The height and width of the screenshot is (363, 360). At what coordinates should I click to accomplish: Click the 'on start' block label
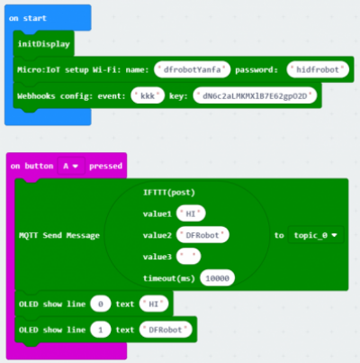click(x=28, y=18)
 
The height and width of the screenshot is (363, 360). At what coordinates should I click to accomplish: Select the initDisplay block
click(x=43, y=44)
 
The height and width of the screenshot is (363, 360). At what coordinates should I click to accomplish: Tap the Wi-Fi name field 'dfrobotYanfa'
click(x=192, y=69)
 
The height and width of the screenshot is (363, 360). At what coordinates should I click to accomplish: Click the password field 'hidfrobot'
click(x=318, y=69)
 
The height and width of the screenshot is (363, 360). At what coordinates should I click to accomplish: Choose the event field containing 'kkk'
click(x=148, y=95)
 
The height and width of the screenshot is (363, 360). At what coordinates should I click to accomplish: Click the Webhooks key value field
click(x=255, y=95)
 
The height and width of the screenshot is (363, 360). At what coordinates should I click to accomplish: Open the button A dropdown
click(x=71, y=166)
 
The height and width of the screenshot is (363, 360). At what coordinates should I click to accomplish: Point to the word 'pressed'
click(x=105, y=166)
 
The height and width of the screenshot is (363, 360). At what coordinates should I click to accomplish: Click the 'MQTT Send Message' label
click(x=59, y=235)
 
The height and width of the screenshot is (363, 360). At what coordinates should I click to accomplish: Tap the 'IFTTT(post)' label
click(x=169, y=193)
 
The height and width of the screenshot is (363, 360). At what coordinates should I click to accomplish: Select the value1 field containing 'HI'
click(x=191, y=213)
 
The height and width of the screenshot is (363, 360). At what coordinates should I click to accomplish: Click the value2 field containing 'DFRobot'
click(x=202, y=235)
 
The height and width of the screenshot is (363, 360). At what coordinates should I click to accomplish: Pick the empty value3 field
click(x=188, y=257)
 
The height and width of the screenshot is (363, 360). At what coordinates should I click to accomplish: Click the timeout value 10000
click(x=217, y=278)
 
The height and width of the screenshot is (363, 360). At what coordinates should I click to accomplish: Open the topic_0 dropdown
click(x=316, y=235)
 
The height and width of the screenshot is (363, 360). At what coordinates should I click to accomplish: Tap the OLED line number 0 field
click(x=101, y=304)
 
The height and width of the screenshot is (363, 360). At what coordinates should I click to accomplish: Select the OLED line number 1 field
click(x=101, y=330)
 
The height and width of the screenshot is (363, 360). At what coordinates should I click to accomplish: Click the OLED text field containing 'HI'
click(x=154, y=304)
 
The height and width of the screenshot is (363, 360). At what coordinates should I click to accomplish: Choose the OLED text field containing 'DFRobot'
click(x=166, y=330)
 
